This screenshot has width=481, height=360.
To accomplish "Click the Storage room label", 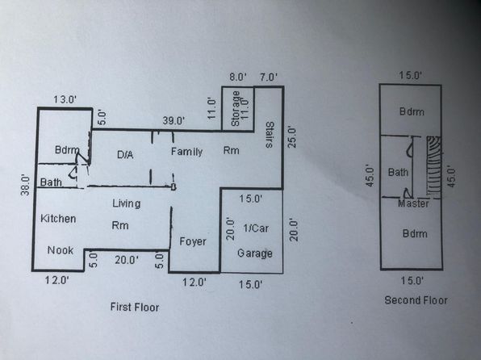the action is [236, 108].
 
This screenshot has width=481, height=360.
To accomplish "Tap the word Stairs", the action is [270, 135].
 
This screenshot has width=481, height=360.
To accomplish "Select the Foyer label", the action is [193, 241].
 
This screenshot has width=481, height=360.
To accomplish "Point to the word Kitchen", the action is [58, 219].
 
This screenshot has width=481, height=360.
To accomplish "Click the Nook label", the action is [61, 250].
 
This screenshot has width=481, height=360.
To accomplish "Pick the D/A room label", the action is [125, 154].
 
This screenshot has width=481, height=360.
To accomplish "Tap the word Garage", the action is [254, 253].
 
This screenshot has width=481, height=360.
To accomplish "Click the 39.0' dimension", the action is [174, 120].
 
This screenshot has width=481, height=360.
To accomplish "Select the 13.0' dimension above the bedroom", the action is [65, 99].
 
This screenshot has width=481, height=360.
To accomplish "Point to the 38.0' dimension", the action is [25, 185].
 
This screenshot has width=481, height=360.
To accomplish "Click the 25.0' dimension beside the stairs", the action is [292, 137].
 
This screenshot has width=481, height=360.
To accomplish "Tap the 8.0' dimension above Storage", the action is [238, 77].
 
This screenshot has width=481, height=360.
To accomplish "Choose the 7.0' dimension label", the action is [269, 77].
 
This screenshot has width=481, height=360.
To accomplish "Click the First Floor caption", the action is [135, 307].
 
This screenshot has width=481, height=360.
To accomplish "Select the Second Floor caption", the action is [416, 299].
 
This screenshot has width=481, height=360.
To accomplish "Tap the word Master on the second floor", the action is [413, 203].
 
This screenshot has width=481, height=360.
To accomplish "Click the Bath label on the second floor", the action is [398, 172].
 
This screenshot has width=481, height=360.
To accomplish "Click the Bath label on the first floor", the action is [51, 182].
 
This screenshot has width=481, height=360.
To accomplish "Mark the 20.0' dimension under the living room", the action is [127, 260].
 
